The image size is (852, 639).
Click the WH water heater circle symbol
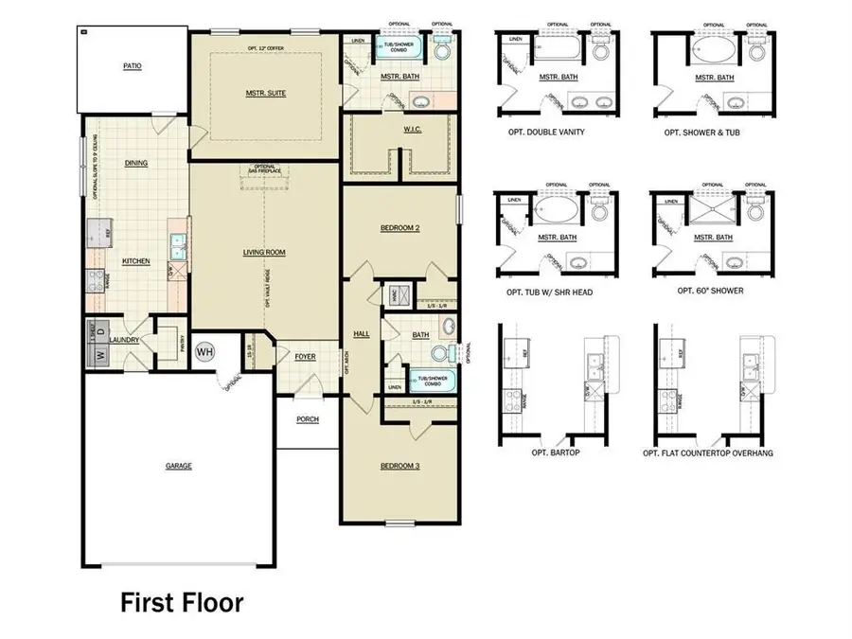(204, 352)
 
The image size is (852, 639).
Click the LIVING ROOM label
(264, 252)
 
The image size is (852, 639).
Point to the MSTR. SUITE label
(264, 93)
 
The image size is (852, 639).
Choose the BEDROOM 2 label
(399, 228)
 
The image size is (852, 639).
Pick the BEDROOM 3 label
(399, 466)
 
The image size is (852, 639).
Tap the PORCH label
(307, 419)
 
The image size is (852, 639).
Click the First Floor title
(182, 602)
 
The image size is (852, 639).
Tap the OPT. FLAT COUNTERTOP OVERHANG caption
(708, 453)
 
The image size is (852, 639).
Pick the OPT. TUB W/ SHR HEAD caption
(550, 293)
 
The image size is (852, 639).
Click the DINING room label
(136, 163)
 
